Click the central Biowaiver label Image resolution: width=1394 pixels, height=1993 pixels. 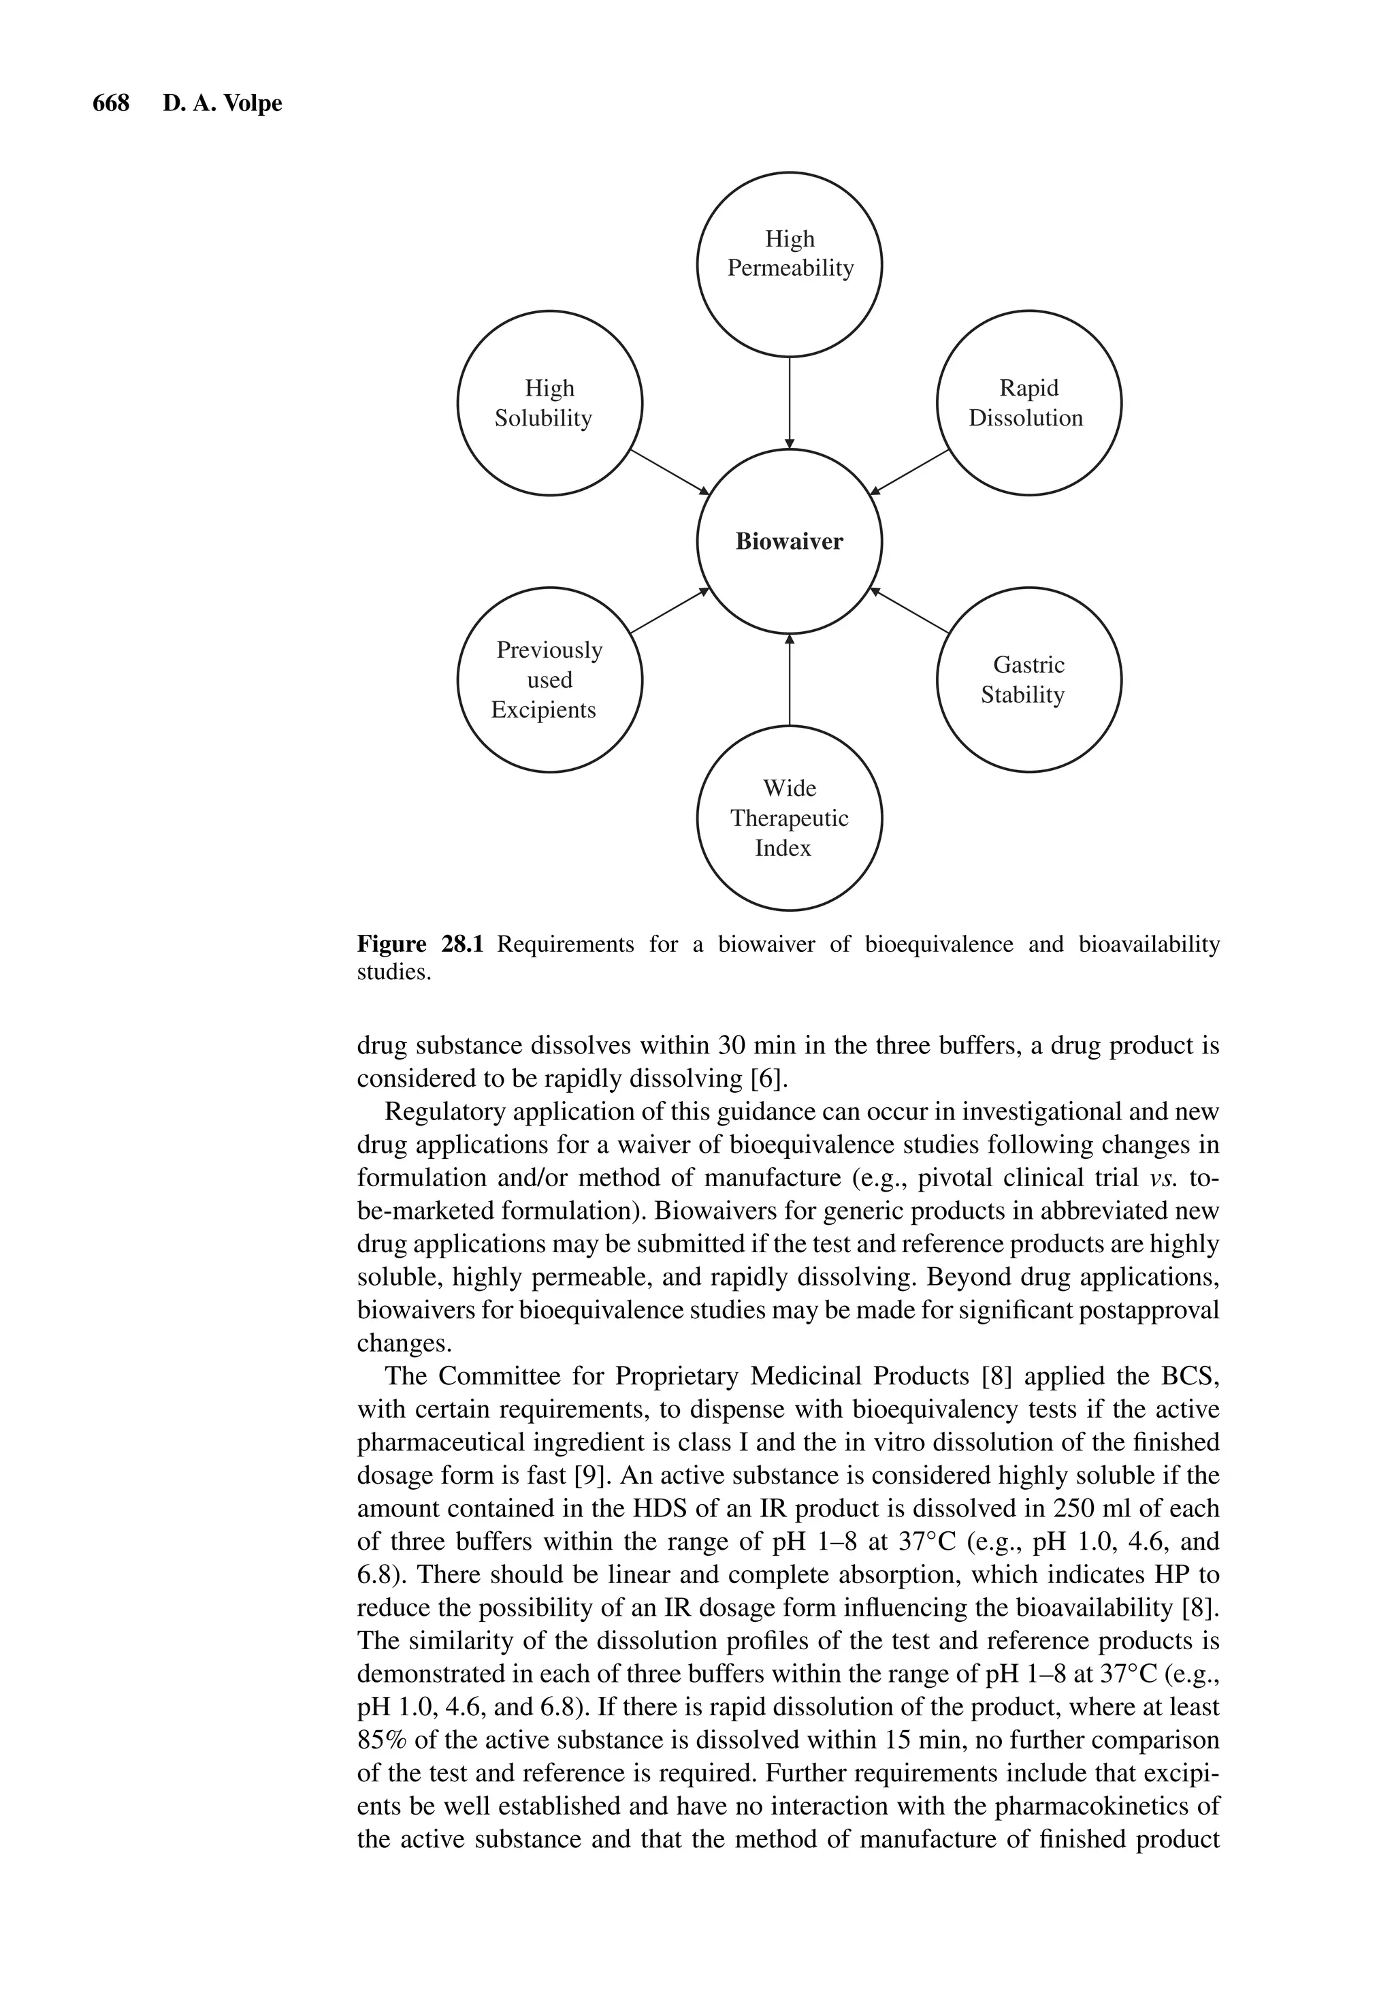click(x=788, y=541)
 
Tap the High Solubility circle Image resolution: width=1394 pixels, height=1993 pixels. click(x=549, y=403)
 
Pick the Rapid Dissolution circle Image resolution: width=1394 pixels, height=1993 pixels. click(x=1028, y=403)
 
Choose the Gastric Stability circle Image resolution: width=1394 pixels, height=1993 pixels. click(x=1028, y=679)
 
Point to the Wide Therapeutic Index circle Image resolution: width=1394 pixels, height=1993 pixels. click(x=789, y=818)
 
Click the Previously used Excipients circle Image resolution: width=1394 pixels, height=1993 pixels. click(x=549, y=679)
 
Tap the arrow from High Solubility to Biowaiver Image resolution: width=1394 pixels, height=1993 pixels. click(x=668, y=473)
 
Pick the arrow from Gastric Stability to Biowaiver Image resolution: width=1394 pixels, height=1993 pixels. click(x=909, y=610)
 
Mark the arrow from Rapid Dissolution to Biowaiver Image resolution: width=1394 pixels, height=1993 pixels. click(x=909, y=473)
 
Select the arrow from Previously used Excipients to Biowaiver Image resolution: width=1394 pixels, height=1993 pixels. click(x=668, y=610)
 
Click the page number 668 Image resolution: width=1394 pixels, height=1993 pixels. click(x=110, y=104)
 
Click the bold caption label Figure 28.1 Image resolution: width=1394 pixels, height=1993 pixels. click(x=419, y=944)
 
